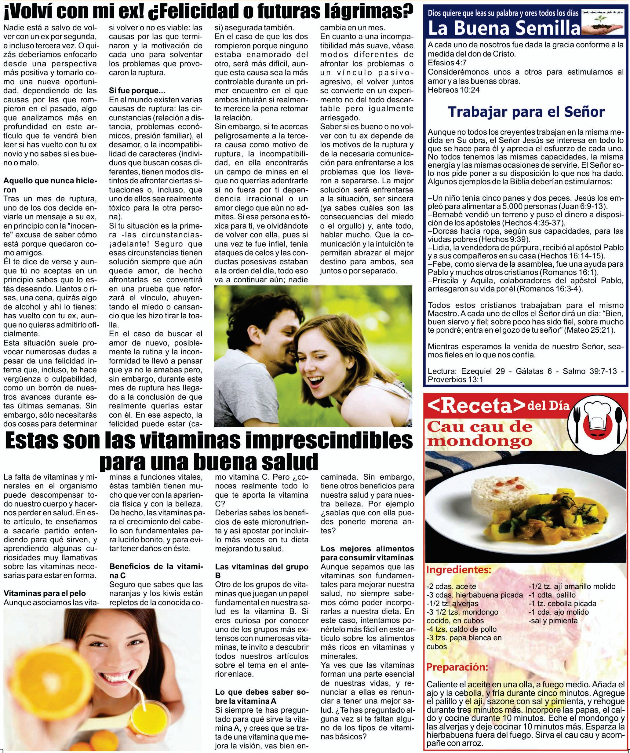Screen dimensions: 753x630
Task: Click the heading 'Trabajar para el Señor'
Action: click(526, 112)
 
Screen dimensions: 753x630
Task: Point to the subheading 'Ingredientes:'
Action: click(458, 570)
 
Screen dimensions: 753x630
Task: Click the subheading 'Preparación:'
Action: click(457, 667)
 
